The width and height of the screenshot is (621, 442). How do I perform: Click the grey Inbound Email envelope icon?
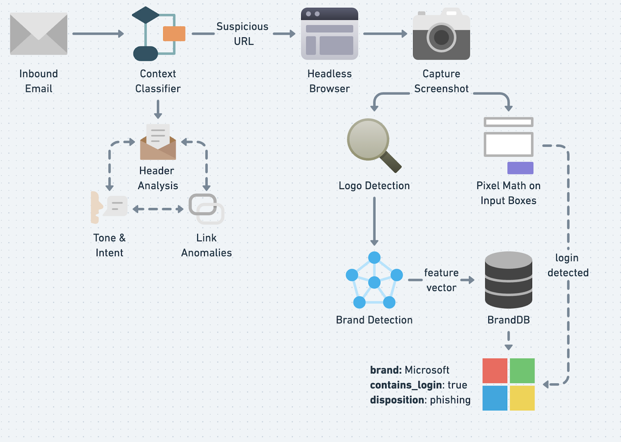pos(38,34)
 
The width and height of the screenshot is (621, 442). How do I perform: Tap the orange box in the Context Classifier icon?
pos(174,34)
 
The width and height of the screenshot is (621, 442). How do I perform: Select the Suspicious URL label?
pos(243,34)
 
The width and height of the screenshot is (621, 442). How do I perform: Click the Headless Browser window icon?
pos(330,34)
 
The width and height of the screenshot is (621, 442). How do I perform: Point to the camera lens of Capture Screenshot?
pos(441,38)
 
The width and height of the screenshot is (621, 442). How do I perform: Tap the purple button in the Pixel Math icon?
pos(520,168)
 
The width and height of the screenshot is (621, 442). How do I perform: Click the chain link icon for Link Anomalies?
pos(206,209)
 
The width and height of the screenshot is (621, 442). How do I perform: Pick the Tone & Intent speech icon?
pos(109,207)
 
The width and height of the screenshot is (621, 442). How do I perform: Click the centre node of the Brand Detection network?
pos(374,282)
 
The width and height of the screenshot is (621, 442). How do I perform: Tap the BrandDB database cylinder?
pos(508,280)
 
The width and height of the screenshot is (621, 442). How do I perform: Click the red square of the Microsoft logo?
pos(495,371)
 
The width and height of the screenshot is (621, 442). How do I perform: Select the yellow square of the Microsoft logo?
pos(522,398)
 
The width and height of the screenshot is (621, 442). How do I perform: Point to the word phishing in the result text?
pos(450,400)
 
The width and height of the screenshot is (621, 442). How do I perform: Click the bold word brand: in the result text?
pos(386,370)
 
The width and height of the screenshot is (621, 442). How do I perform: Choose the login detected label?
pos(568,265)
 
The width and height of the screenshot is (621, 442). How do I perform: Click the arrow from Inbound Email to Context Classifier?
pos(98,34)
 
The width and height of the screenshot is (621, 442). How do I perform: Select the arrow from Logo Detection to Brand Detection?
pos(374,221)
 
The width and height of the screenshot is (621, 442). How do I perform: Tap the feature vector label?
pos(441,280)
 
